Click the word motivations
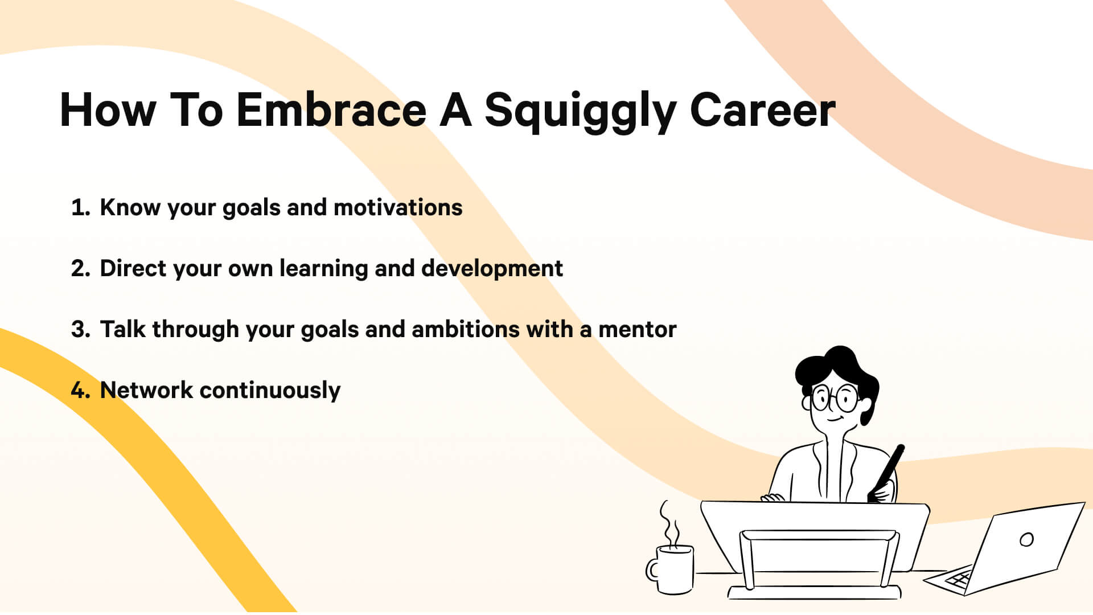point(398,208)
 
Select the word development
point(492,269)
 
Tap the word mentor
point(637,330)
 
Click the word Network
point(146,391)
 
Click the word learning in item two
point(323,269)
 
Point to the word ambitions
point(465,330)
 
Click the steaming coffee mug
point(673,569)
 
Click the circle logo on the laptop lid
point(1026,539)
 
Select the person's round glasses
point(835,398)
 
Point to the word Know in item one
point(130,208)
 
